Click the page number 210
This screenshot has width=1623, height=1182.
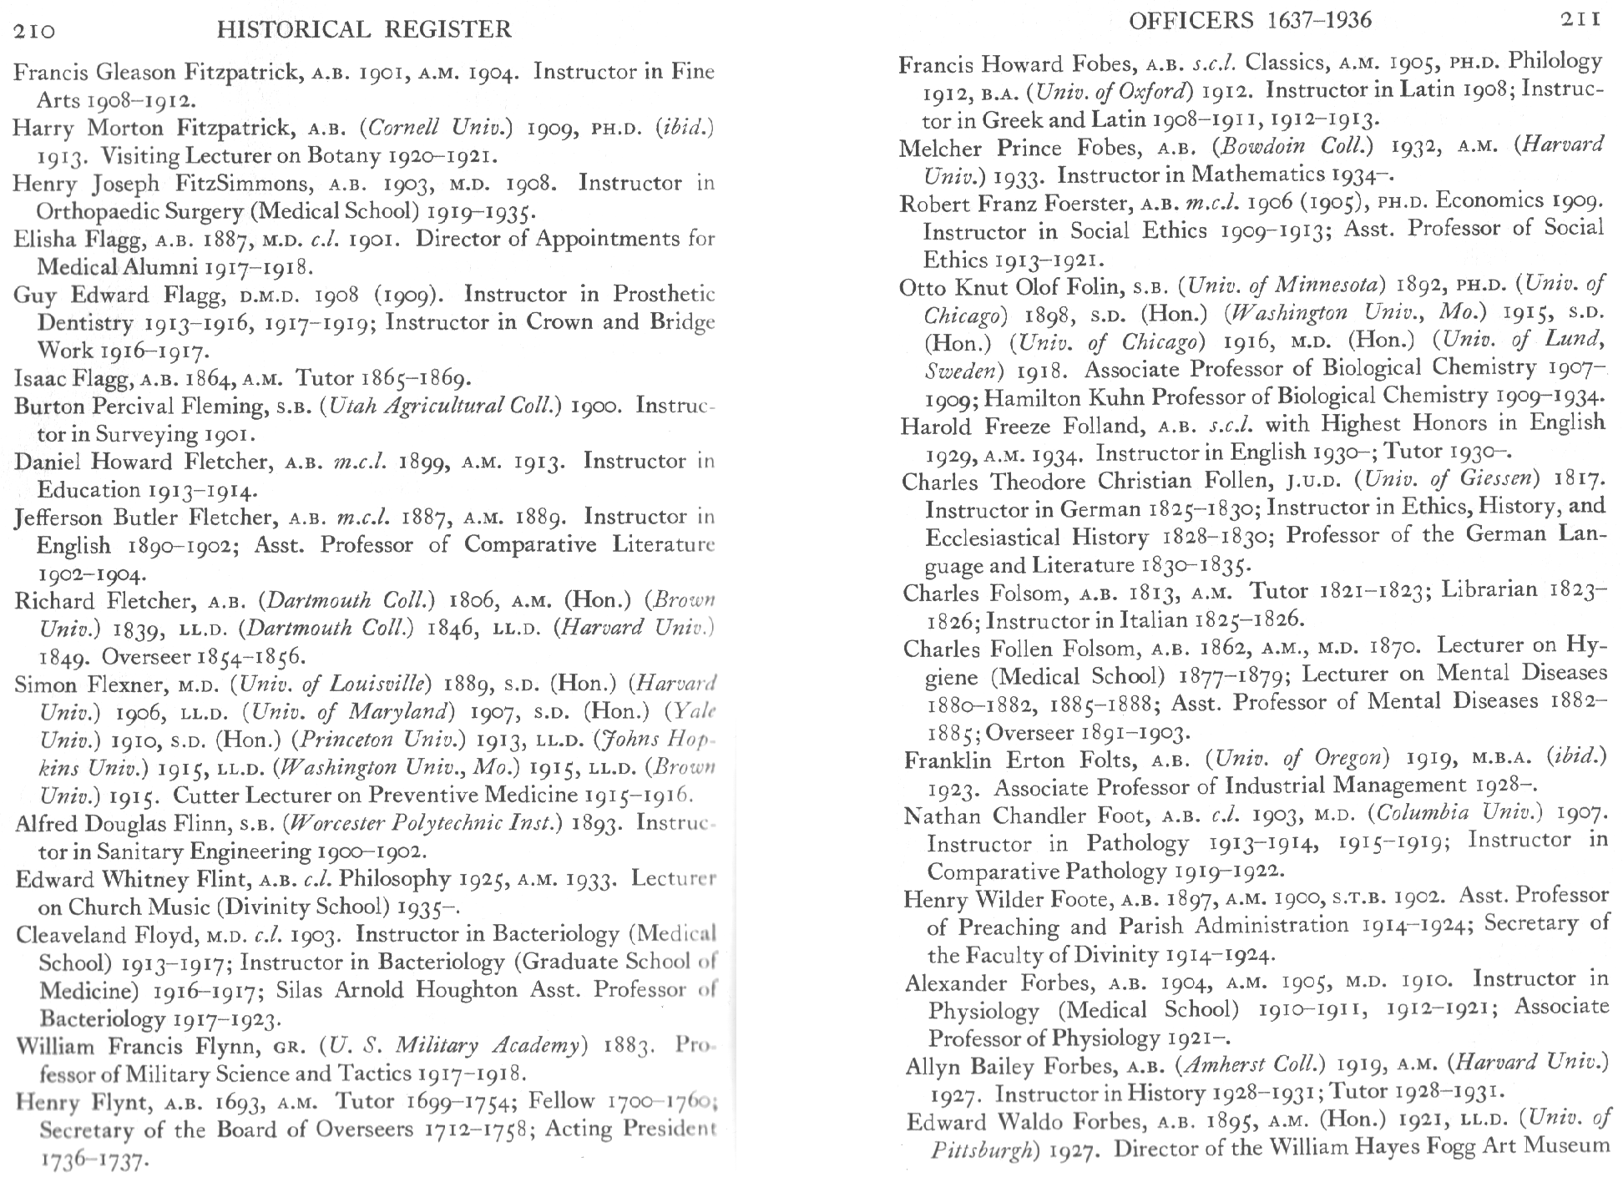tap(34, 31)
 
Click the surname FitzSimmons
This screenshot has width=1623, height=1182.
tap(235, 184)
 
